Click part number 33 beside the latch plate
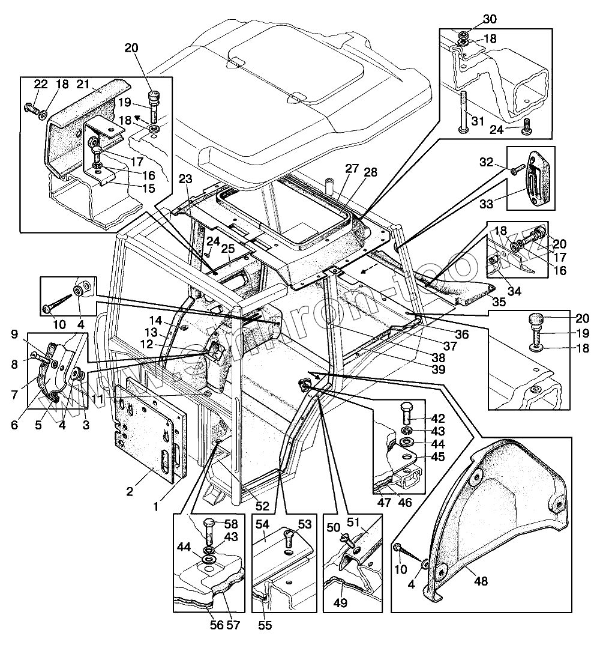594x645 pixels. (487, 204)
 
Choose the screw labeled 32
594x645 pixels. (515, 171)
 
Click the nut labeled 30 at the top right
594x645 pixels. (463, 37)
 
